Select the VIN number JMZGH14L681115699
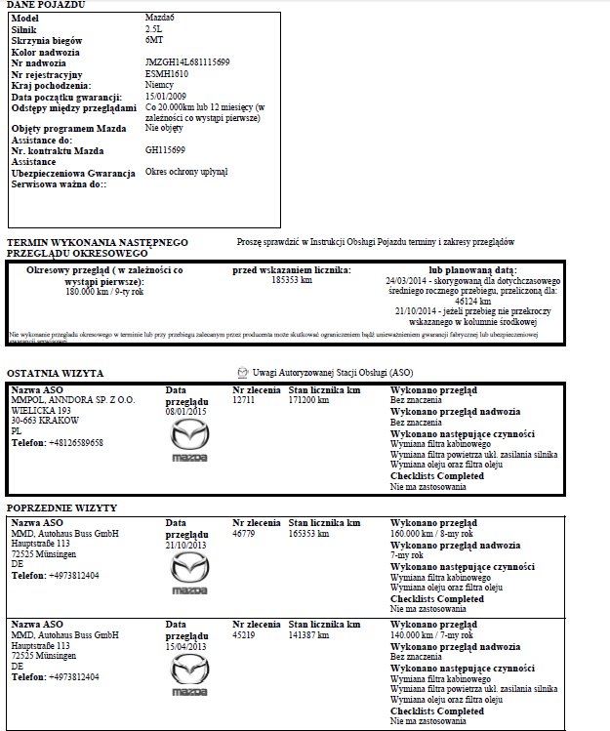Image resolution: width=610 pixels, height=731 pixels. (186, 62)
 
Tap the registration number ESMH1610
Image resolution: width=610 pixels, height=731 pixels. (166, 73)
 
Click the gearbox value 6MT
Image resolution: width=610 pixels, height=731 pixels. (153, 41)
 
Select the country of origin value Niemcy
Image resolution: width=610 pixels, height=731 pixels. (159, 85)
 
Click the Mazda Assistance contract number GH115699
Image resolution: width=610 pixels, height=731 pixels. (165, 149)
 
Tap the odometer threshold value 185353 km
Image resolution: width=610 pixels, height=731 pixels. (292, 280)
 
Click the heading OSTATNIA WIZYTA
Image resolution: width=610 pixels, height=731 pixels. (56, 373)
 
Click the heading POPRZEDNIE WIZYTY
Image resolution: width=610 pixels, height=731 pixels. (61, 508)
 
